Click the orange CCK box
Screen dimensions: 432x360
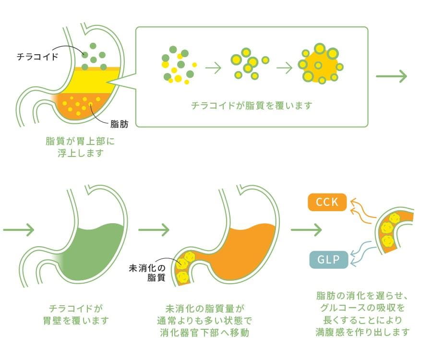pyautogui.click(x=327, y=202)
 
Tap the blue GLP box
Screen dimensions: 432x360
pyautogui.click(x=329, y=260)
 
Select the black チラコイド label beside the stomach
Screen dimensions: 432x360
pyautogui.click(x=37, y=57)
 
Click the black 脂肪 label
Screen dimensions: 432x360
pyautogui.click(x=120, y=124)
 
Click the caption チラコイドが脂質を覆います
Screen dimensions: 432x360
pyautogui.click(x=252, y=106)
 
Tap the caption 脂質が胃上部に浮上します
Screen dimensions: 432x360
pyautogui.click(x=80, y=147)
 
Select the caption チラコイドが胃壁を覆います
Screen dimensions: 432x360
pyautogui.click(x=76, y=314)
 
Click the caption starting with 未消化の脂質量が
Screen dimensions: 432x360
pyautogui.click(x=204, y=321)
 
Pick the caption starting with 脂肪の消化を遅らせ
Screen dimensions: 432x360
pyautogui.click(x=362, y=314)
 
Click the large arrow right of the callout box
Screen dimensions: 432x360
pyautogui.click(x=392, y=76)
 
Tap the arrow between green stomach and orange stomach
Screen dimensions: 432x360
pyautogui.click(x=154, y=230)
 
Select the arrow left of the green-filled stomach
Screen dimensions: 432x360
pyautogui.click(x=18, y=230)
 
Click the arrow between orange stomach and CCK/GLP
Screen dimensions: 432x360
pyautogui.click(x=306, y=230)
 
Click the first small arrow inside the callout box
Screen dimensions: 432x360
pyautogui.click(x=213, y=68)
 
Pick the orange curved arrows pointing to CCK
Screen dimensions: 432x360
pyautogui.click(x=362, y=211)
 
